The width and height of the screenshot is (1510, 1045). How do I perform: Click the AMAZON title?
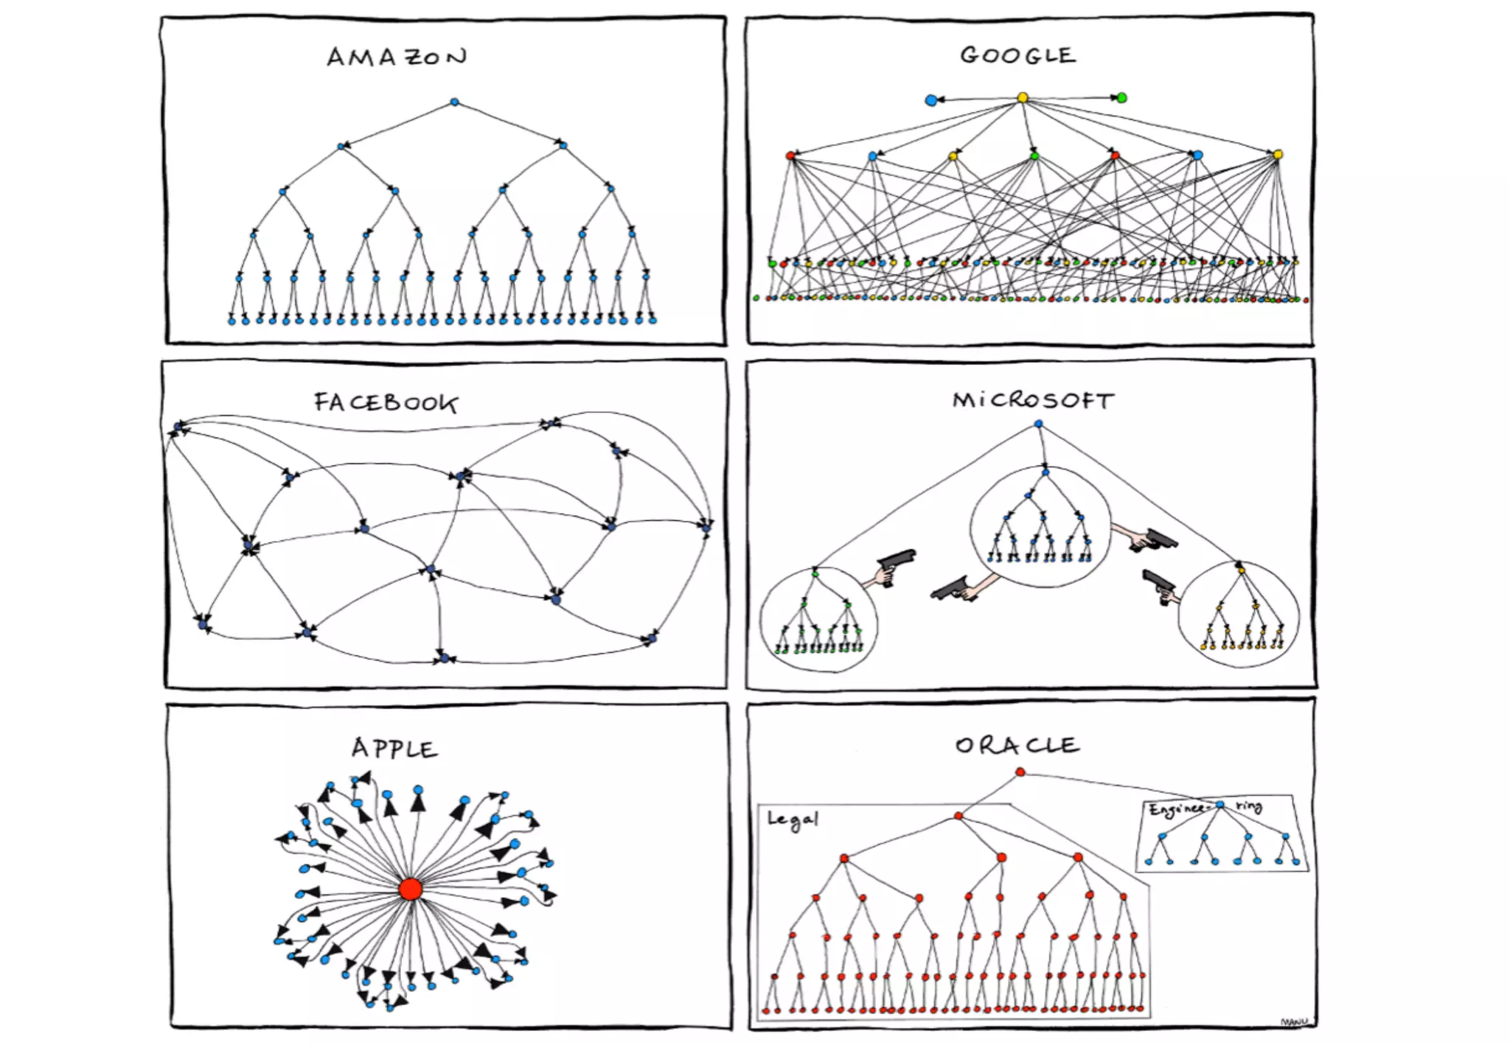pyautogui.click(x=397, y=57)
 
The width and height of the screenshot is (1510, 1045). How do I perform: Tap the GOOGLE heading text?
pyautogui.click(x=1017, y=55)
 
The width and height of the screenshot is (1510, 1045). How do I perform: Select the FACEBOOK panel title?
pyautogui.click(x=386, y=402)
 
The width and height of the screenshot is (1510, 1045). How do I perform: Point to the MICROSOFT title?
pyautogui.click(x=1033, y=400)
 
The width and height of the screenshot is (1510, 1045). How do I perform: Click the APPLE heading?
pyautogui.click(x=394, y=748)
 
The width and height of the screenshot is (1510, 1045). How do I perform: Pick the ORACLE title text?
pyautogui.click(x=1017, y=745)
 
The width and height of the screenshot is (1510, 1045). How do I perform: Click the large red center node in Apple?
pyautogui.click(x=411, y=889)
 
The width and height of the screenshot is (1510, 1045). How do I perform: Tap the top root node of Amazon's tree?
pyautogui.click(x=454, y=102)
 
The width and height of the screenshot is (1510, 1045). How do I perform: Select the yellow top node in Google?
pyautogui.click(x=1023, y=97)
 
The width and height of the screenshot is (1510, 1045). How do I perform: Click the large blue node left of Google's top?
pyautogui.click(x=931, y=100)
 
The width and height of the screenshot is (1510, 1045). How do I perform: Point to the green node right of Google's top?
pyautogui.click(x=1121, y=97)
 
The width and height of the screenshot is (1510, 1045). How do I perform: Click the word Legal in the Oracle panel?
pyautogui.click(x=793, y=819)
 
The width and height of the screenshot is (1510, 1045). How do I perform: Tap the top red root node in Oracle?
pyautogui.click(x=1020, y=772)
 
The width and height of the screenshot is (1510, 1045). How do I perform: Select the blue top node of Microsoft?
pyautogui.click(x=1038, y=424)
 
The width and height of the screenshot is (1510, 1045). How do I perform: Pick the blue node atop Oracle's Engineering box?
pyautogui.click(x=1220, y=805)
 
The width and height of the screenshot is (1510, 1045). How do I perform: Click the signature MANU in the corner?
pyautogui.click(x=1294, y=1022)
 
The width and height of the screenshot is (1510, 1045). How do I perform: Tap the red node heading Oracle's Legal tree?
pyautogui.click(x=958, y=816)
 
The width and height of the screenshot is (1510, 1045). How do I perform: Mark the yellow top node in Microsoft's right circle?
pyautogui.click(x=1241, y=570)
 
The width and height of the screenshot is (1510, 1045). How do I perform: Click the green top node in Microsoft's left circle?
pyautogui.click(x=815, y=573)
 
